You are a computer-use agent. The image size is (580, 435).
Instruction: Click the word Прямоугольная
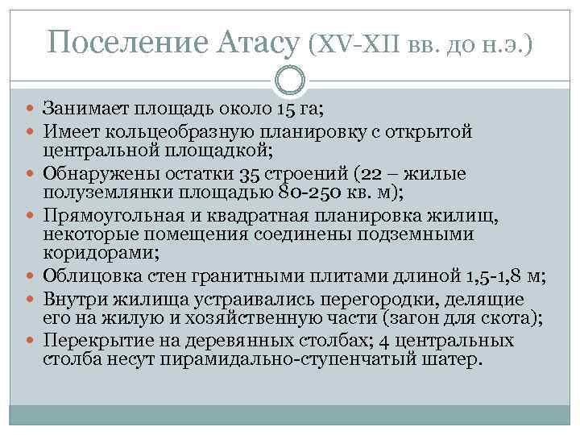106,216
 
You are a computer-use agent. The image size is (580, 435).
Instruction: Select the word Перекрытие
89,342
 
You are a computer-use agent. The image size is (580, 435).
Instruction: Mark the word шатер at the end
455,360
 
